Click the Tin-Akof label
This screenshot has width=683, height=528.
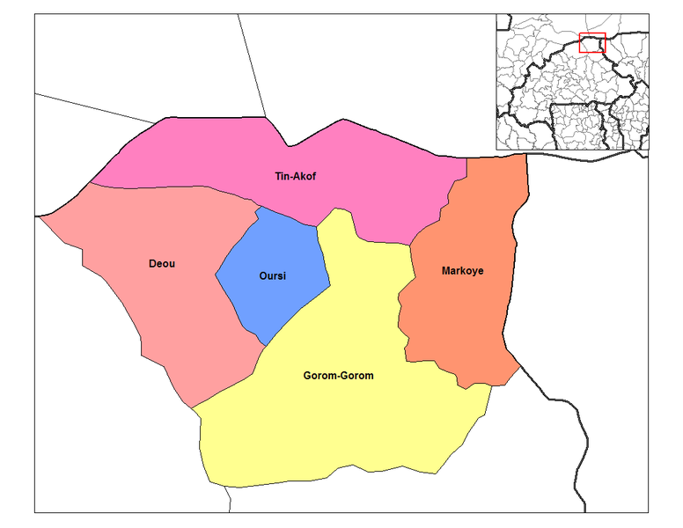point(295,177)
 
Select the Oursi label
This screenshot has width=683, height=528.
point(272,276)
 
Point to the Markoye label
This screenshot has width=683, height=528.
point(462,271)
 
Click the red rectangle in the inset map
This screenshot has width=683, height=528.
point(592,42)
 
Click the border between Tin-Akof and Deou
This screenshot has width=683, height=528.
point(176,187)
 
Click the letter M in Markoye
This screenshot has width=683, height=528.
point(445,271)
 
